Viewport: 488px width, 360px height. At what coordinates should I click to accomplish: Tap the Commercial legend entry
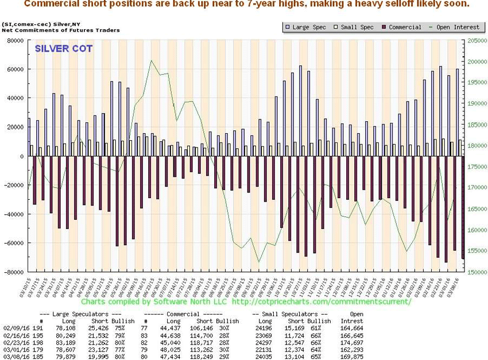(404, 26)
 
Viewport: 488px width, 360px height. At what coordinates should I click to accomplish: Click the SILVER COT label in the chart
(64, 49)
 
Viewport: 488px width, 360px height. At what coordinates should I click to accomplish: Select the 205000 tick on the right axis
(474, 41)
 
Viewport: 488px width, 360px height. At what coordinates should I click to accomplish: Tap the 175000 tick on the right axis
(474, 167)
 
